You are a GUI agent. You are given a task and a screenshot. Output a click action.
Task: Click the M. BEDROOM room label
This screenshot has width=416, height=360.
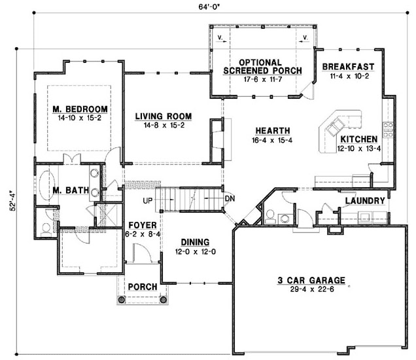[80, 109]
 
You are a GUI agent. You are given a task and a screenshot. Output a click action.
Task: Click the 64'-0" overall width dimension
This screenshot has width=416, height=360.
[211, 9]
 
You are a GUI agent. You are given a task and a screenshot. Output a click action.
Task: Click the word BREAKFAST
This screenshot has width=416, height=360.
[348, 66]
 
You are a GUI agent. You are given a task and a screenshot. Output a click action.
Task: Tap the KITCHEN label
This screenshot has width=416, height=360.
[358, 139]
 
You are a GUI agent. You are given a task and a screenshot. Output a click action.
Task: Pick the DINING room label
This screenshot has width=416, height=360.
[194, 240]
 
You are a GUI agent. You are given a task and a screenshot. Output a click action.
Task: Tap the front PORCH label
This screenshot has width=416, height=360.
[141, 287]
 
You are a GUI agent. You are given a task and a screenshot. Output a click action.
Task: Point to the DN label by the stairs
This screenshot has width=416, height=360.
[230, 198]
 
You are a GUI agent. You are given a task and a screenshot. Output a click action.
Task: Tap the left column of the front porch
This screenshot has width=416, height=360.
[121, 300]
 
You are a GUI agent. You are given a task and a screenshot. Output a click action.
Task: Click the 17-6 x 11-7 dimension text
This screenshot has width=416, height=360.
[262, 79]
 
